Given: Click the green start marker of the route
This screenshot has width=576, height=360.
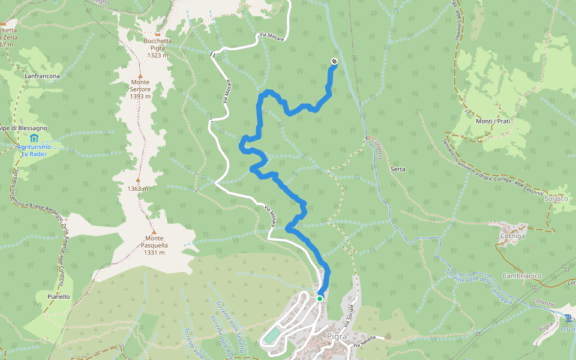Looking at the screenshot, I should click(x=320, y=298).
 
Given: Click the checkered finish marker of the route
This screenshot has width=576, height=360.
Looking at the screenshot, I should click(x=334, y=61).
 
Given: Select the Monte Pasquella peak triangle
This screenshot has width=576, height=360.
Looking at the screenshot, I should click(x=154, y=232).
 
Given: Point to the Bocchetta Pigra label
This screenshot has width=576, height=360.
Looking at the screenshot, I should click(x=158, y=45).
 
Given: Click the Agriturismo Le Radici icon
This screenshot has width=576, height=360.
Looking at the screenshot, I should click(x=33, y=139).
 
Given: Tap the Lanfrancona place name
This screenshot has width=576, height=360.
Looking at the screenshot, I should click(x=43, y=76).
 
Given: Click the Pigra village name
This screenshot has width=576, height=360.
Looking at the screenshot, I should click(x=338, y=336).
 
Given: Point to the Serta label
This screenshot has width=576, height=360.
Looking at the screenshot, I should click(x=398, y=169).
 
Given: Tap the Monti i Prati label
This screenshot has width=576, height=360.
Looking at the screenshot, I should click(x=493, y=121).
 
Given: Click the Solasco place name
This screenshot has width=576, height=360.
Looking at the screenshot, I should click(x=556, y=199).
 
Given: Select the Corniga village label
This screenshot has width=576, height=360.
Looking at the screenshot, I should click(x=512, y=236).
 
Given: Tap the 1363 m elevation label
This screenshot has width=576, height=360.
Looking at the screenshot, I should click(x=137, y=188).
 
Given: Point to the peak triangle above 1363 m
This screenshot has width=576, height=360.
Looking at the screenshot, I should click(x=137, y=180).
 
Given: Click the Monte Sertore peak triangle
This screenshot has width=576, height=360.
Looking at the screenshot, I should click(x=140, y=76).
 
